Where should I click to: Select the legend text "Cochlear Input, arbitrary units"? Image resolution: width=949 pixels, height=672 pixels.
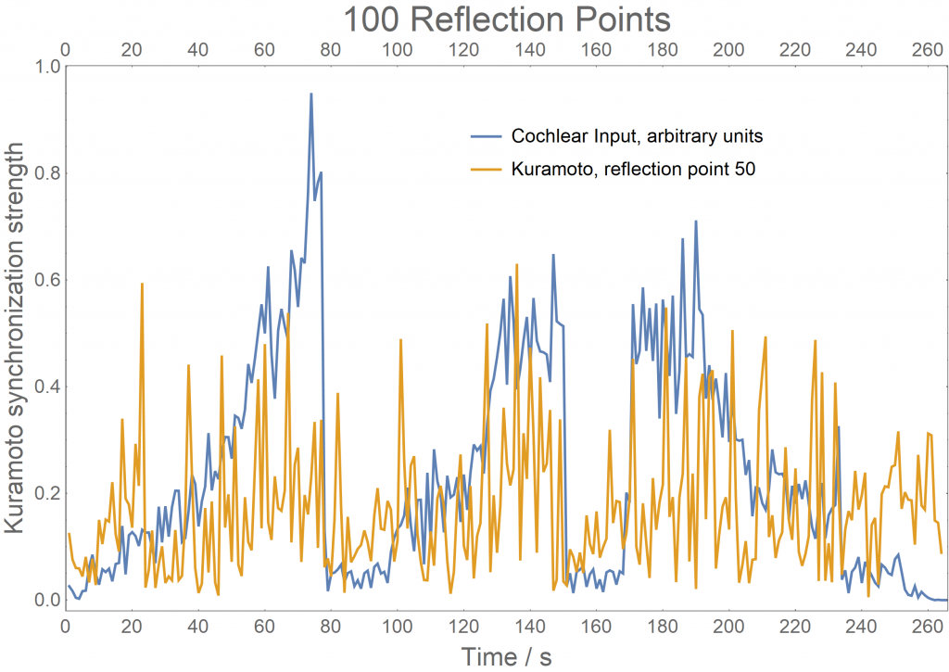637,136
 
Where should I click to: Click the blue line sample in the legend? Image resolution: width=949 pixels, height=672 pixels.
487,136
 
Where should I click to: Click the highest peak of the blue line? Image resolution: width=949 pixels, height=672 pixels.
311,94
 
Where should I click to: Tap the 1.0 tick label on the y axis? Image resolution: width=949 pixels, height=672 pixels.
44,67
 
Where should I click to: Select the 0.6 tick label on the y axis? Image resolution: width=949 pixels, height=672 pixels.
44,280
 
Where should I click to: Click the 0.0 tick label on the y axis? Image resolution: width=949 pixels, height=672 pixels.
44,600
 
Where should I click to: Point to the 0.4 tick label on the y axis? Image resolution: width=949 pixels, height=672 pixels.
44,387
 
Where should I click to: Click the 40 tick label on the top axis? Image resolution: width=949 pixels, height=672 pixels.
197,48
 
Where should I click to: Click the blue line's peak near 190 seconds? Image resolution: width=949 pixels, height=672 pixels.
695,222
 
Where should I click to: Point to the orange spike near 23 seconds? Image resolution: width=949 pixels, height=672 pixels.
142,284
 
